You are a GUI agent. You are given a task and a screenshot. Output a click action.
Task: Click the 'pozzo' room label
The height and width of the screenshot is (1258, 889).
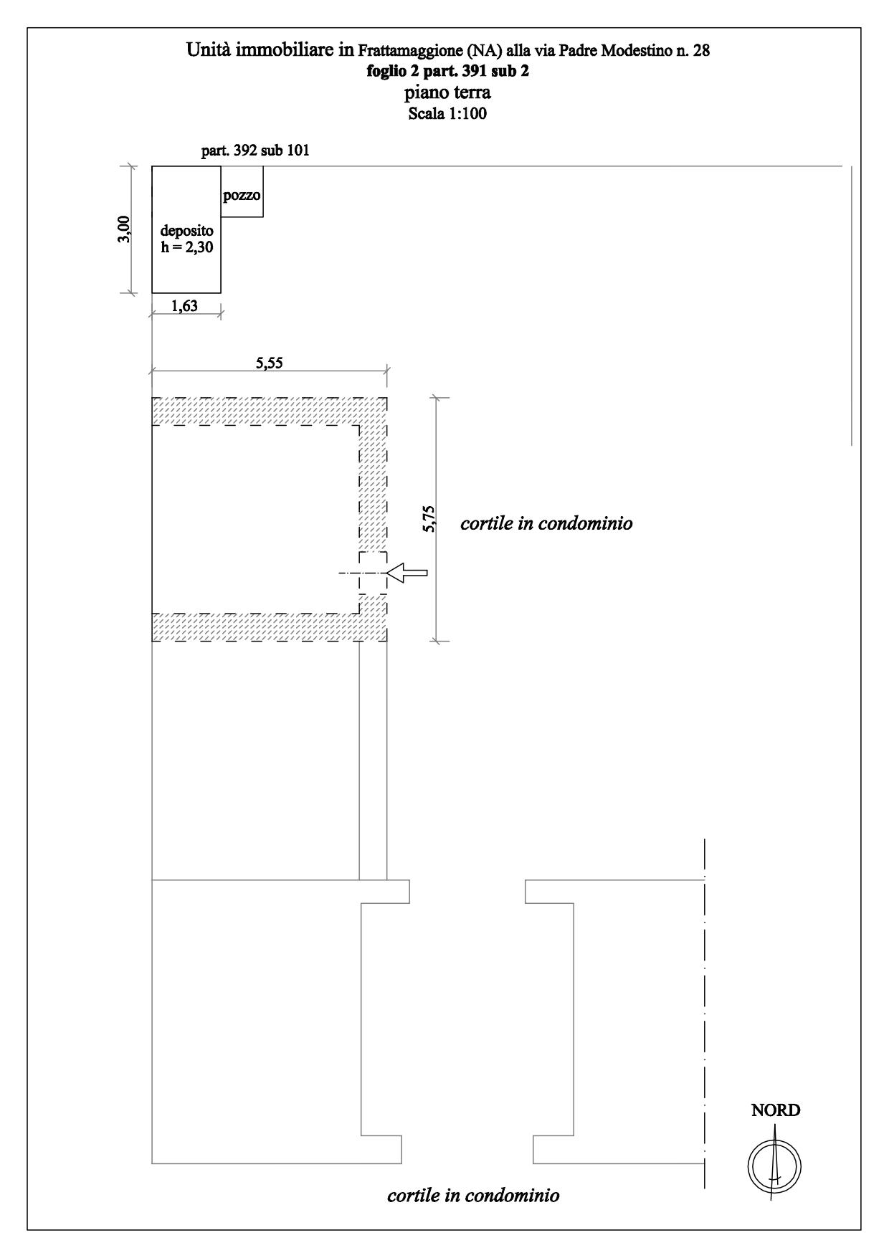tap(242, 196)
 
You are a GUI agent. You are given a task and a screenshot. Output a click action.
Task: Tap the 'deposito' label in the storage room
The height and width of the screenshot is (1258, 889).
tap(186, 231)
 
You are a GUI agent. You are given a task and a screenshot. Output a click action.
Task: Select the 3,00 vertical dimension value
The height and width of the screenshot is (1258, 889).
tap(124, 229)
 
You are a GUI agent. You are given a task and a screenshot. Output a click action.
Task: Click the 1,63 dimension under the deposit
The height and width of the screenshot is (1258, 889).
tap(184, 305)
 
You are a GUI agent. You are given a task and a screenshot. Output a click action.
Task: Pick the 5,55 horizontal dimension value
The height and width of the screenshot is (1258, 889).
tap(269, 363)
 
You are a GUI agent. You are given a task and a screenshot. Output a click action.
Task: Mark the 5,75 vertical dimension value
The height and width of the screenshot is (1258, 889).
tap(429, 518)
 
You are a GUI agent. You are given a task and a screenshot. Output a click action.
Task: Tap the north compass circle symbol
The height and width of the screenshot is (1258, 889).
tap(775, 1166)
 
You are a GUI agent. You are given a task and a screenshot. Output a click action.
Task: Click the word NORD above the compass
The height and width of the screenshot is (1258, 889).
tap(776, 1111)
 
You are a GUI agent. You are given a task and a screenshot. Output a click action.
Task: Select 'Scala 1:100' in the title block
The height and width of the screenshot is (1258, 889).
tap(447, 113)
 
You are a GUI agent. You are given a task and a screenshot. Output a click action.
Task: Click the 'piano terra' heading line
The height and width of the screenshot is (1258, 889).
tap(447, 92)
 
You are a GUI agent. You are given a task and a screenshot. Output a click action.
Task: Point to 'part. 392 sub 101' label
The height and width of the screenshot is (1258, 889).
tap(256, 151)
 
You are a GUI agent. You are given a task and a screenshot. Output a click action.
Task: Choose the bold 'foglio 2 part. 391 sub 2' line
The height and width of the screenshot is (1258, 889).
tap(447, 71)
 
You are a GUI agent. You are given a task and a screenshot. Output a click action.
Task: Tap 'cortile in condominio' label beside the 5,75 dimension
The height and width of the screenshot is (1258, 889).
tap(546, 523)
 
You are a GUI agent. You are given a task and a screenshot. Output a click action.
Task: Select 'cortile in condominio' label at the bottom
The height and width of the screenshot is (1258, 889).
tap(473, 1196)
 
